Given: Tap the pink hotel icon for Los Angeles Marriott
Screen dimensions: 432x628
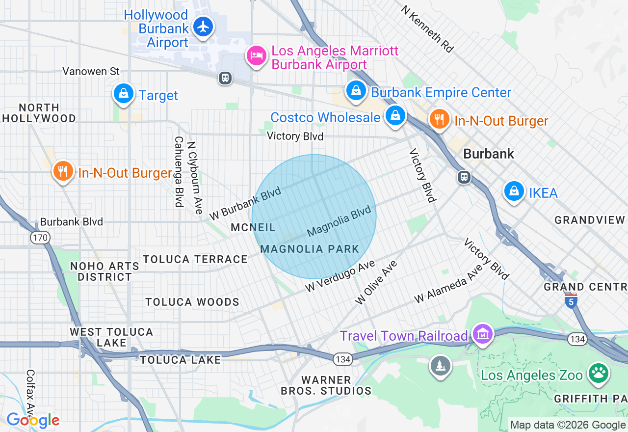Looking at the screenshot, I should tap(256, 55).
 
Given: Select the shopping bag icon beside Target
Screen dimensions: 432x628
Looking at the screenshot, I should tap(124, 92).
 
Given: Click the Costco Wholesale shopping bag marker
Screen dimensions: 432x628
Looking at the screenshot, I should tap(395, 115).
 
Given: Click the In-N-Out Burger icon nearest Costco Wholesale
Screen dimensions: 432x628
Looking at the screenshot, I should tap(439, 119).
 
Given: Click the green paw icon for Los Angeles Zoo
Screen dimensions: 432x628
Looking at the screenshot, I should tap(599, 373).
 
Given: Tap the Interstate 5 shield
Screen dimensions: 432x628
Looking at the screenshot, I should tap(571, 301).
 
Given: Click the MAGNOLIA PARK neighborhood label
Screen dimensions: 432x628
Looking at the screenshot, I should tap(310, 249).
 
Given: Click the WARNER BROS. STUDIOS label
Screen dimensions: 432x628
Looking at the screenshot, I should tap(326, 385).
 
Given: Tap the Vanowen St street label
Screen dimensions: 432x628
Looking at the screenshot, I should tap(91, 72).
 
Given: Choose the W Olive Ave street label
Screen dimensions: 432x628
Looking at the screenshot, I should tap(376, 283).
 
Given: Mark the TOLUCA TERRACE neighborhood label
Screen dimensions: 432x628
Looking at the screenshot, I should tap(195, 259).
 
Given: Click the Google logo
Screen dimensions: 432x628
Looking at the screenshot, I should tap(33, 420).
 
